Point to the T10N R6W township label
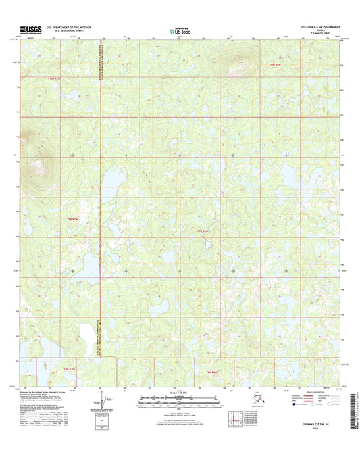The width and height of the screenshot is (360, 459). point(273,64)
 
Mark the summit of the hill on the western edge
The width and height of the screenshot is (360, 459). point(37,162)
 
